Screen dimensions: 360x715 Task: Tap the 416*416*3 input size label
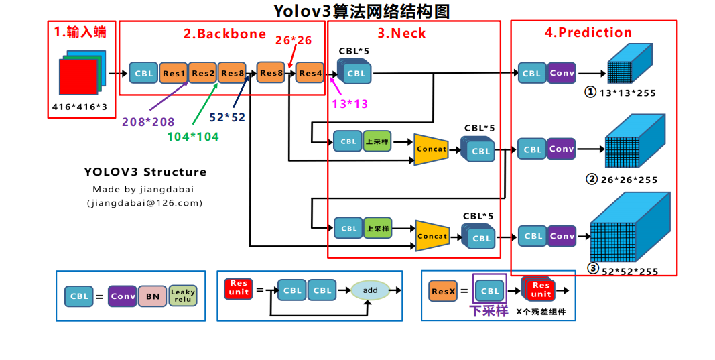point(79,107)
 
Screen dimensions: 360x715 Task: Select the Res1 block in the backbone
point(174,74)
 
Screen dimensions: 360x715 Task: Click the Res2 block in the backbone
point(203,73)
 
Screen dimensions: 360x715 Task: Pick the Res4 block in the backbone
point(310,73)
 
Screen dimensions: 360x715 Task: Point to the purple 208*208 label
point(148,122)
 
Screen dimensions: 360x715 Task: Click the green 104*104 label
point(193,136)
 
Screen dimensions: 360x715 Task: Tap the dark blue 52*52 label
point(227,117)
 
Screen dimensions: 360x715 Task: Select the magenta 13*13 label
point(350,104)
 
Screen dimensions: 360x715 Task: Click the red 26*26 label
point(294,40)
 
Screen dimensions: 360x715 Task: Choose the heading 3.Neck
point(401,33)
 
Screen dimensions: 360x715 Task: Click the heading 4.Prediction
point(588,32)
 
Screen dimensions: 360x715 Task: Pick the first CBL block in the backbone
point(144,74)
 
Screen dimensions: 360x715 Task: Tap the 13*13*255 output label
point(627,93)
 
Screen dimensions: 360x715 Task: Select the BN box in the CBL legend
point(152,296)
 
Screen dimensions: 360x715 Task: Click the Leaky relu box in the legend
point(183,296)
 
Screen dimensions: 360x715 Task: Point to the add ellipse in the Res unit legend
point(370,290)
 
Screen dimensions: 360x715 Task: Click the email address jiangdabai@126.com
point(144,202)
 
